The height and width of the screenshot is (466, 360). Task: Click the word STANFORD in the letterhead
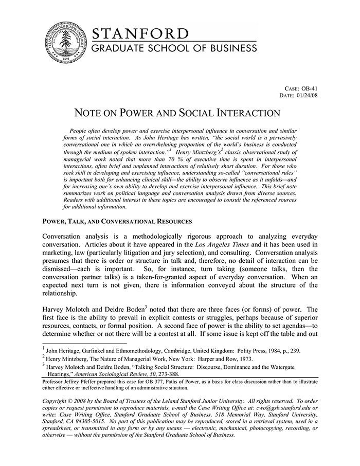(x=140, y=33)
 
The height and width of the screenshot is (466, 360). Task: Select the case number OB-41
(x=309, y=88)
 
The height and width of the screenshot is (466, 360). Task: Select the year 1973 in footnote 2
(x=236, y=359)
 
